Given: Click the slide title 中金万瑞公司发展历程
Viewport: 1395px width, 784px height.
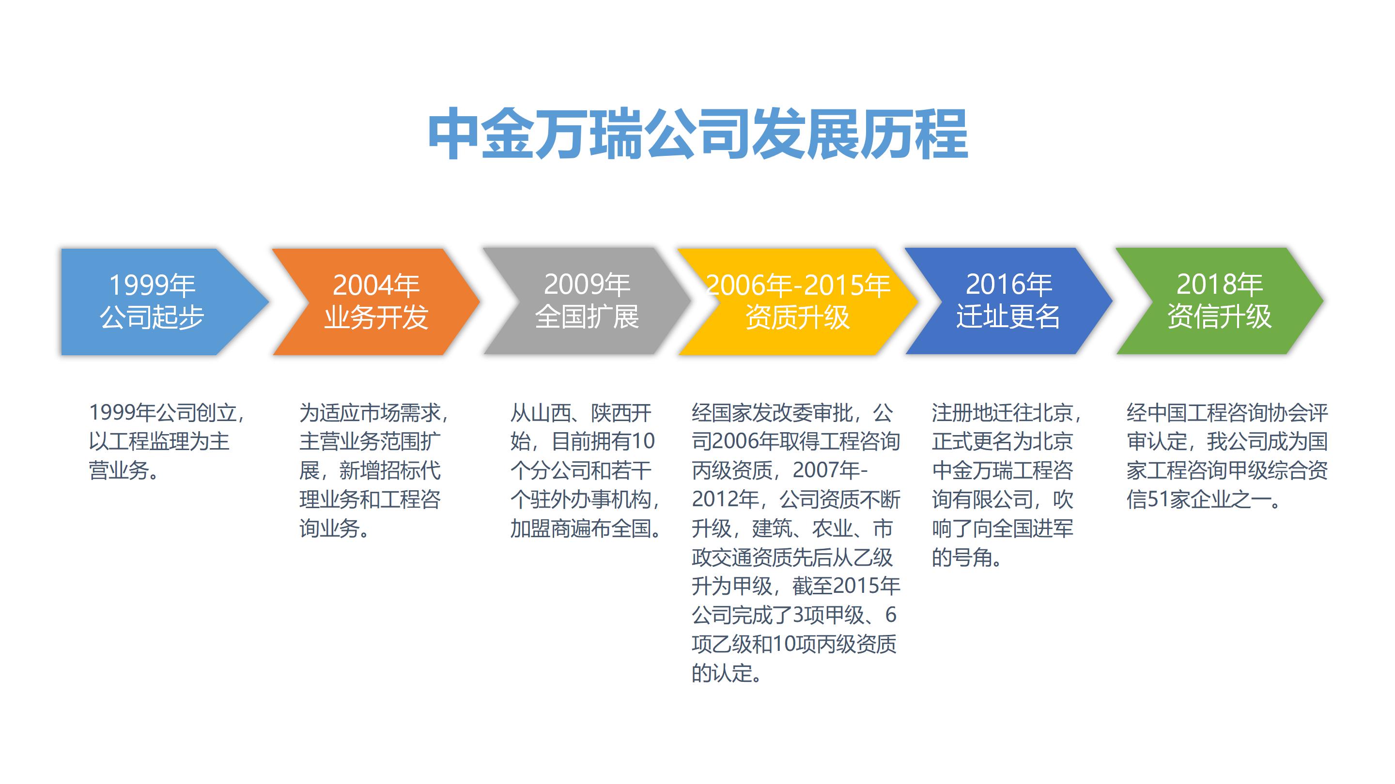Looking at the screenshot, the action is (x=697, y=134).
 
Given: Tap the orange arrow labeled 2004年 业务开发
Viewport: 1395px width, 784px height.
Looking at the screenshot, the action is (x=376, y=302).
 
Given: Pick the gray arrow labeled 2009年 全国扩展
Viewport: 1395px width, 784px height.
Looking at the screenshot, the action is (x=587, y=301).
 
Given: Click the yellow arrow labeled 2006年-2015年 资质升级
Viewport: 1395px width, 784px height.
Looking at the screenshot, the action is (x=797, y=302).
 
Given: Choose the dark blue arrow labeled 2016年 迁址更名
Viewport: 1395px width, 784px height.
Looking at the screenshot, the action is (x=1008, y=301).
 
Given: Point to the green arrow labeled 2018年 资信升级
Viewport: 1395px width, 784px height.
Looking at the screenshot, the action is (x=1219, y=301).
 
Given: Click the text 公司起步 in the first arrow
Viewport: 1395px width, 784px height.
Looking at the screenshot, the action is (x=152, y=317).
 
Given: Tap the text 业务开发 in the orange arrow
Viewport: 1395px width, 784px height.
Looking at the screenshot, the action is (x=376, y=317).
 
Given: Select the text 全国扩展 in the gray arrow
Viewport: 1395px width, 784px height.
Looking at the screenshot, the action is (x=587, y=317).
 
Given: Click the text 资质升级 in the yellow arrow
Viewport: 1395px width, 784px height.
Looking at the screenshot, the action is (x=797, y=317).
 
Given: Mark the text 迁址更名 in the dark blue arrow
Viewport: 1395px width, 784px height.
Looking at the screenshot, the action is (x=1008, y=317).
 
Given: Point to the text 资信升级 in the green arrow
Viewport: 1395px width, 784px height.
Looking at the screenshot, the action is (x=1219, y=317).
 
